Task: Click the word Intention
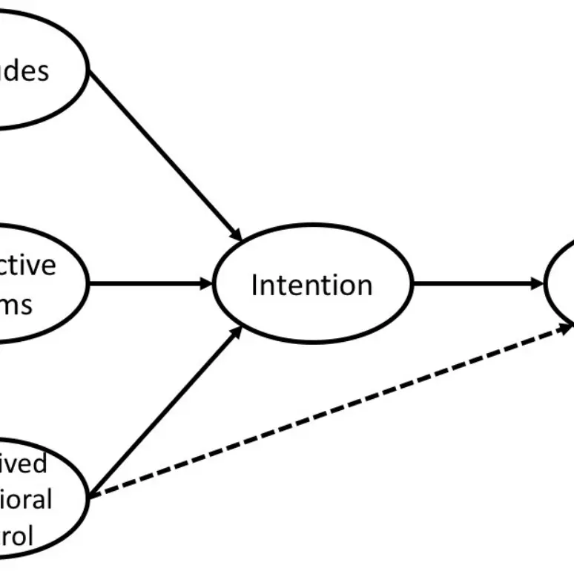311,285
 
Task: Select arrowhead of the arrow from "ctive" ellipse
207,283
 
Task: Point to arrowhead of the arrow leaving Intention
538,283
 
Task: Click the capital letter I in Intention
254,285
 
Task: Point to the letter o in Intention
346,286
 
